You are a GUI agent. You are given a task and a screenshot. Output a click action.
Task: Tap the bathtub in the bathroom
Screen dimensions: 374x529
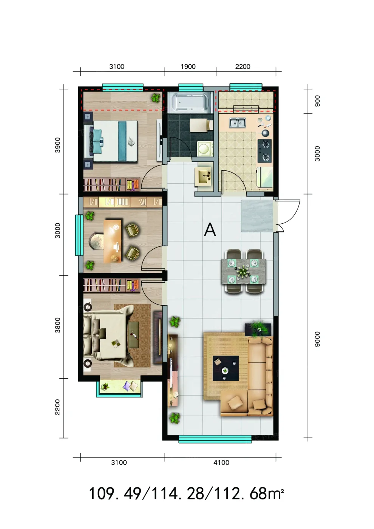[x=190, y=102]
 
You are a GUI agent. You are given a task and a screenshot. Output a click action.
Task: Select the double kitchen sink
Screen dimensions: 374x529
[x=238, y=123]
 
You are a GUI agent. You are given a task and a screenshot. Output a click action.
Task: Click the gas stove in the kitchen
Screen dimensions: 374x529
[x=264, y=151]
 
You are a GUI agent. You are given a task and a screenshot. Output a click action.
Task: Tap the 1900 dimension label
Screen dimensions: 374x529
[x=188, y=67]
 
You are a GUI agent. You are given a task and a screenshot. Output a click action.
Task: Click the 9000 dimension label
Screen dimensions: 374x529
[x=317, y=339]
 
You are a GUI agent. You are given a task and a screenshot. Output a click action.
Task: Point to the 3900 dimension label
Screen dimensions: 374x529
[x=57, y=145]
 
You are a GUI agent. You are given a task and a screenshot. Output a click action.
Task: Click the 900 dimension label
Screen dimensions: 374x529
[x=317, y=101]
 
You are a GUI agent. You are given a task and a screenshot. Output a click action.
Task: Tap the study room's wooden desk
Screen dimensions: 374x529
[x=113, y=241]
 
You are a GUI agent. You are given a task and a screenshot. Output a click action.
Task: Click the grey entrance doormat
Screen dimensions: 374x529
[x=257, y=216]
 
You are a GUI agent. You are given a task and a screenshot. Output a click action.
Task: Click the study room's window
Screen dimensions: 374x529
[x=79, y=235]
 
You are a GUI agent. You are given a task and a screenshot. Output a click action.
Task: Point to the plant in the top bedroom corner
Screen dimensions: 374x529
[x=156, y=97]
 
